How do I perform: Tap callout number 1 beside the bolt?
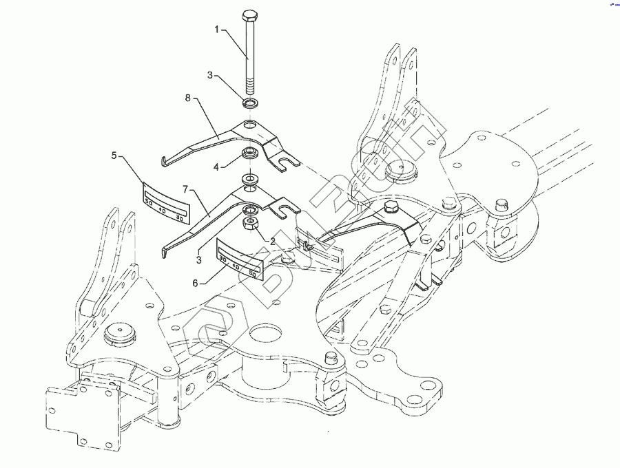216,30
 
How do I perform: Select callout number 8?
187,98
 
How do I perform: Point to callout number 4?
215,166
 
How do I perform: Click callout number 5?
114,156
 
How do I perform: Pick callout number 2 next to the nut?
273,242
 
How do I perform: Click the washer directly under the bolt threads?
250,104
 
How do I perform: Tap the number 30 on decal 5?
179,218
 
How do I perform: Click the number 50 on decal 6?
252,274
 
